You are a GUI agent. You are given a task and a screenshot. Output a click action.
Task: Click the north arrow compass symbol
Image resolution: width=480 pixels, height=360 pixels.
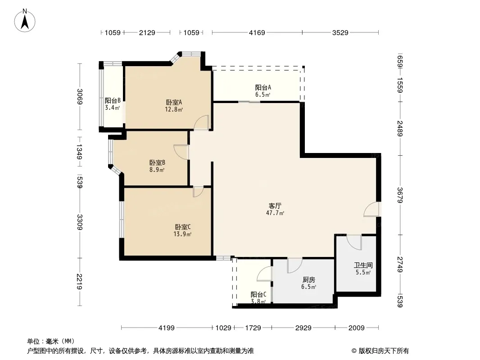point(26,20)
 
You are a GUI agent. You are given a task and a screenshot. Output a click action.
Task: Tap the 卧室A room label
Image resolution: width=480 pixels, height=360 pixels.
point(174,105)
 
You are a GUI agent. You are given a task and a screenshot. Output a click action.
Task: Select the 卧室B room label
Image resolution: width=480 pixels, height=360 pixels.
point(157,166)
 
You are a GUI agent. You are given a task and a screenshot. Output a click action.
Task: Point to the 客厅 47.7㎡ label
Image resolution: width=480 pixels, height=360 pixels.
point(276,209)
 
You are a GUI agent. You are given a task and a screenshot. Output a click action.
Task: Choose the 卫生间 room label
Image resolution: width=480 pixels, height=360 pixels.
point(363,269)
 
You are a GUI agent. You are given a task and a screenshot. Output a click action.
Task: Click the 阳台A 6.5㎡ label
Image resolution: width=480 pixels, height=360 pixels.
point(263,91)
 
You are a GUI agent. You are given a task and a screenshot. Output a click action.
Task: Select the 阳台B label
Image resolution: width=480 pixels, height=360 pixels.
point(112,104)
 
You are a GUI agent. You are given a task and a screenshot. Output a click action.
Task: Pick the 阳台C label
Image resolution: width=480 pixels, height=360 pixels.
point(258,297)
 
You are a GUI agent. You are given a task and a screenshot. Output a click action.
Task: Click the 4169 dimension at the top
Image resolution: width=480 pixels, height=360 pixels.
point(257,32)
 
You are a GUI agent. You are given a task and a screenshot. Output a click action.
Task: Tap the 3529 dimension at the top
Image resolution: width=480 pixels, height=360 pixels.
point(340,32)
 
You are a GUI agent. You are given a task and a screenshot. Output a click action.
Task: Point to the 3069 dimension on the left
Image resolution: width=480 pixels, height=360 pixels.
point(80,97)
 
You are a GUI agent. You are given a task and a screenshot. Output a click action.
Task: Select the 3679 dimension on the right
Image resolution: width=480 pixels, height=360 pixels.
point(400,195)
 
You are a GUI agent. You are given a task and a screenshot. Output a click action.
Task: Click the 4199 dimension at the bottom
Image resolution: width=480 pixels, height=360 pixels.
point(167,328)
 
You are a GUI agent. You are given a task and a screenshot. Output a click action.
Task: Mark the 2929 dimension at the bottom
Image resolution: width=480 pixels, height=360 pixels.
point(303,328)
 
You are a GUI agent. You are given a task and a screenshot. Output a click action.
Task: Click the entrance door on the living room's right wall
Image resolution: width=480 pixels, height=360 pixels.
point(373,210)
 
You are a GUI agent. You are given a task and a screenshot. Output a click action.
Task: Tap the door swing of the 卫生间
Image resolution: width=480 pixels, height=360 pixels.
point(355,242)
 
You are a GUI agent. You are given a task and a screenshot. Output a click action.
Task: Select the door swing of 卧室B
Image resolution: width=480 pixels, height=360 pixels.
point(181,152)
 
